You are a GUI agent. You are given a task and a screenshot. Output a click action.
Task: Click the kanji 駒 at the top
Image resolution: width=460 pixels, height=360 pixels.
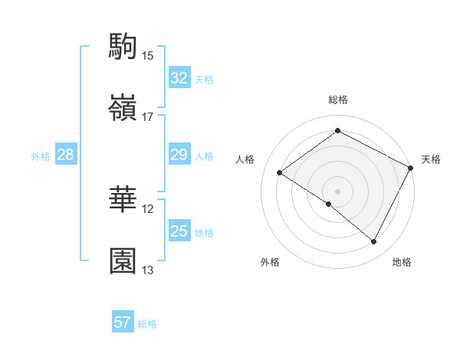[x=123, y=47]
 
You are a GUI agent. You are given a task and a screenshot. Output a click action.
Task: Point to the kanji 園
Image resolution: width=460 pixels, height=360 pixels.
[x=123, y=260]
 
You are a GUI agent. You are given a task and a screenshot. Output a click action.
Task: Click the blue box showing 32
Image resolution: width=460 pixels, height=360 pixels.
[x=179, y=78]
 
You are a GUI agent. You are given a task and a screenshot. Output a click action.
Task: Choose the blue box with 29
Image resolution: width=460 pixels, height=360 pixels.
[x=179, y=155]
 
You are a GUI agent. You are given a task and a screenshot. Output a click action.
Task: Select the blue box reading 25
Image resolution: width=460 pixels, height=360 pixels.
[x=179, y=231]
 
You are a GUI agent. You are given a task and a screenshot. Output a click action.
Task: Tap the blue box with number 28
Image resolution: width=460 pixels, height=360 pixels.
[x=65, y=155]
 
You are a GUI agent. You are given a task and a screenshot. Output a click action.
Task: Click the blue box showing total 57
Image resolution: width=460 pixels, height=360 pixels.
[x=123, y=322]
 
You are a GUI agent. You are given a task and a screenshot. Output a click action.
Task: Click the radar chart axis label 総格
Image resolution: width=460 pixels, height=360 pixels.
[x=337, y=100]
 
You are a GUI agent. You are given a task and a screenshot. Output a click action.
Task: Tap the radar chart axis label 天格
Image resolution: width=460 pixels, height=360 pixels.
[x=431, y=159]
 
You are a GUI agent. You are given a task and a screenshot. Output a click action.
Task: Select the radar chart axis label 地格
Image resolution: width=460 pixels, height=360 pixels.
[x=402, y=262]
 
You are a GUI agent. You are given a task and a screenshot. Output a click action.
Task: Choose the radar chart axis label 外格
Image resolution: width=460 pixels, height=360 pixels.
[x=270, y=262]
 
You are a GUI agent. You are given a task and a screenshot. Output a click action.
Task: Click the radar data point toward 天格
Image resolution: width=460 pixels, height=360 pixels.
[x=411, y=169]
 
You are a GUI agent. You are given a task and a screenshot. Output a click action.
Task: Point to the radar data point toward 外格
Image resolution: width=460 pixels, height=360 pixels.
[x=329, y=205]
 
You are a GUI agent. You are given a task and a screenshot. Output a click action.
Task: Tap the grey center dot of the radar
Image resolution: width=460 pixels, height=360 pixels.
[x=337, y=191]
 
